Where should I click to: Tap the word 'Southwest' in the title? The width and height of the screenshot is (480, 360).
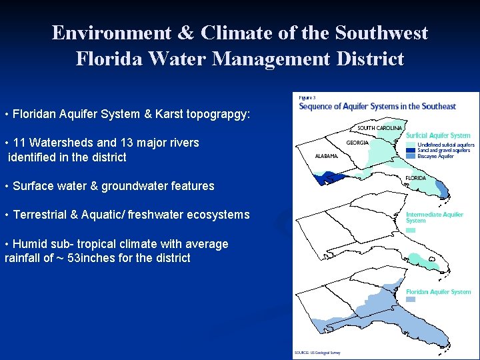point(381,33)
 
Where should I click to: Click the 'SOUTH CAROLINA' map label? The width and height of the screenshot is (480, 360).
point(379,128)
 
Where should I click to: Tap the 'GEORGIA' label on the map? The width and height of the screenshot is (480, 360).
point(357,142)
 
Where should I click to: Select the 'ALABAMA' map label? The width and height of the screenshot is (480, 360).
point(327,156)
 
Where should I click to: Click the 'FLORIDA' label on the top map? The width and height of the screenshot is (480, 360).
point(416,178)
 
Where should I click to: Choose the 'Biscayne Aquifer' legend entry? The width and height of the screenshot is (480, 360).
point(435,157)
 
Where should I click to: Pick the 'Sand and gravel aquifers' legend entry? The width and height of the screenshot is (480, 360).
point(443,151)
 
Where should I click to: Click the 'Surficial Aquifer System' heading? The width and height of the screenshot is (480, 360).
point(438,136)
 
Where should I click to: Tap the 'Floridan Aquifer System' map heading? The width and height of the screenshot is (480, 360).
point(438,292)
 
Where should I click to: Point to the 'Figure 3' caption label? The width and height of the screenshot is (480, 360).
point(307,97)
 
